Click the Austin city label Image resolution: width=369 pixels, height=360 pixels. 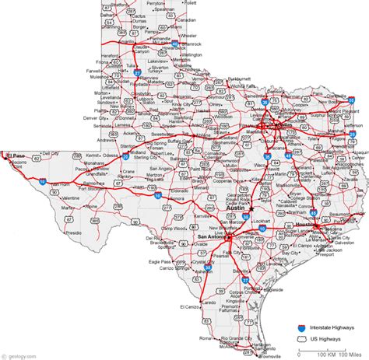(x=234, y=209)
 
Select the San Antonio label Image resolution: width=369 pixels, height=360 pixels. (x=212, y=237)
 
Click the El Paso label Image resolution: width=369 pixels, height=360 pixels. (x=15, y=156)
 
